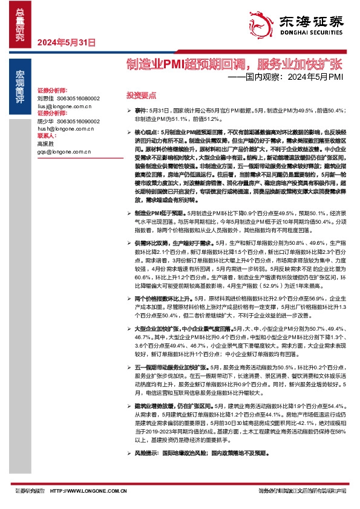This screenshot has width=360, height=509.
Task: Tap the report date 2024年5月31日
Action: (x=67, y=42)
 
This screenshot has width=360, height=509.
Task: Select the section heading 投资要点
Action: (x=140, y=95)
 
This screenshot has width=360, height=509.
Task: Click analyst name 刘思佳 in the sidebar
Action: (x=45, y=97)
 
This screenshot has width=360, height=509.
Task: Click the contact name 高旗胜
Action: (x=45, y=144)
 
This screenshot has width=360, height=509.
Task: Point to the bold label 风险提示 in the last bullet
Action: (x=146, y=452)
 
